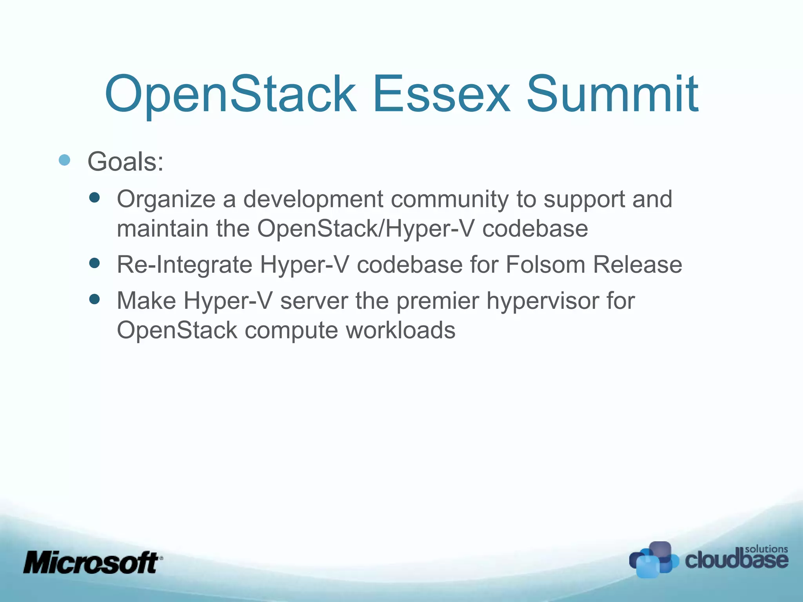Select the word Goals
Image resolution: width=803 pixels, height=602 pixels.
(x=125, y=161)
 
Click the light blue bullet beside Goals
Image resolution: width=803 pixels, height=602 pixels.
(x=64, y=160)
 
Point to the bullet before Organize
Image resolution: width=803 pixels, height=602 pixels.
(x=94, y=197)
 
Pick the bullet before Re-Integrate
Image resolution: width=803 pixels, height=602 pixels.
(x=94, y=263)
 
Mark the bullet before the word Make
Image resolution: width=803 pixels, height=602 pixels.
(x=94, y=299)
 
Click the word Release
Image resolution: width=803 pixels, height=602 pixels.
(x=637, y=265)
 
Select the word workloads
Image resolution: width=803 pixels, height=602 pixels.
(x=400, y=330)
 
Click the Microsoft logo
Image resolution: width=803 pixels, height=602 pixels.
(x=93, y=562)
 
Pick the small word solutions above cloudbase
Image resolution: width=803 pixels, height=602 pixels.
(x=766, y=549)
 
